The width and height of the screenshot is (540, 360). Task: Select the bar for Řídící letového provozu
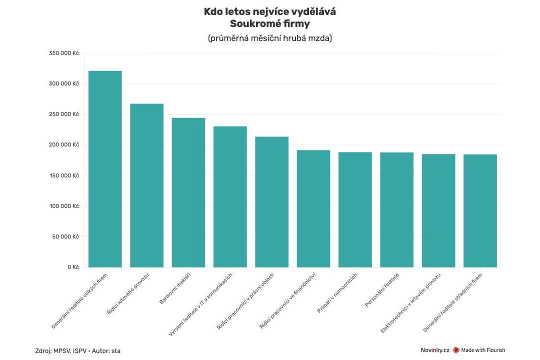[x=146, y=185]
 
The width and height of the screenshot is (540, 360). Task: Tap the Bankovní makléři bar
[x=188, y=192]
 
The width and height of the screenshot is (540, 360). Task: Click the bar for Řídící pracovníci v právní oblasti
[x=271, y=202]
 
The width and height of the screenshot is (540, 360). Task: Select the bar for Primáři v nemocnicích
[x=355, y=209]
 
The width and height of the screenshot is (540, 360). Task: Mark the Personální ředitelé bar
[x=396, y=209]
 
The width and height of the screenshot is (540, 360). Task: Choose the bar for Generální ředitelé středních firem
[x=480, y=210]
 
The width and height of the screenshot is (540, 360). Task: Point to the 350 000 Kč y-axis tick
[x=64, y=53]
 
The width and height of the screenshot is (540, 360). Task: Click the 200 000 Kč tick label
[x=64, y=145]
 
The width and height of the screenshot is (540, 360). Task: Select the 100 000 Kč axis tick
[x=64, y=206]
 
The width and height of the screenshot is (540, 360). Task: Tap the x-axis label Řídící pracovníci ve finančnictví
[x=293, y=300]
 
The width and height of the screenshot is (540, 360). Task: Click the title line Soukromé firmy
[x=269, y=23]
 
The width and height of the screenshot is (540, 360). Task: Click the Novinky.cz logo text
[x=434, y=350]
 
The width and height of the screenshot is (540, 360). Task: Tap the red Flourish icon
[x=456, y=350]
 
